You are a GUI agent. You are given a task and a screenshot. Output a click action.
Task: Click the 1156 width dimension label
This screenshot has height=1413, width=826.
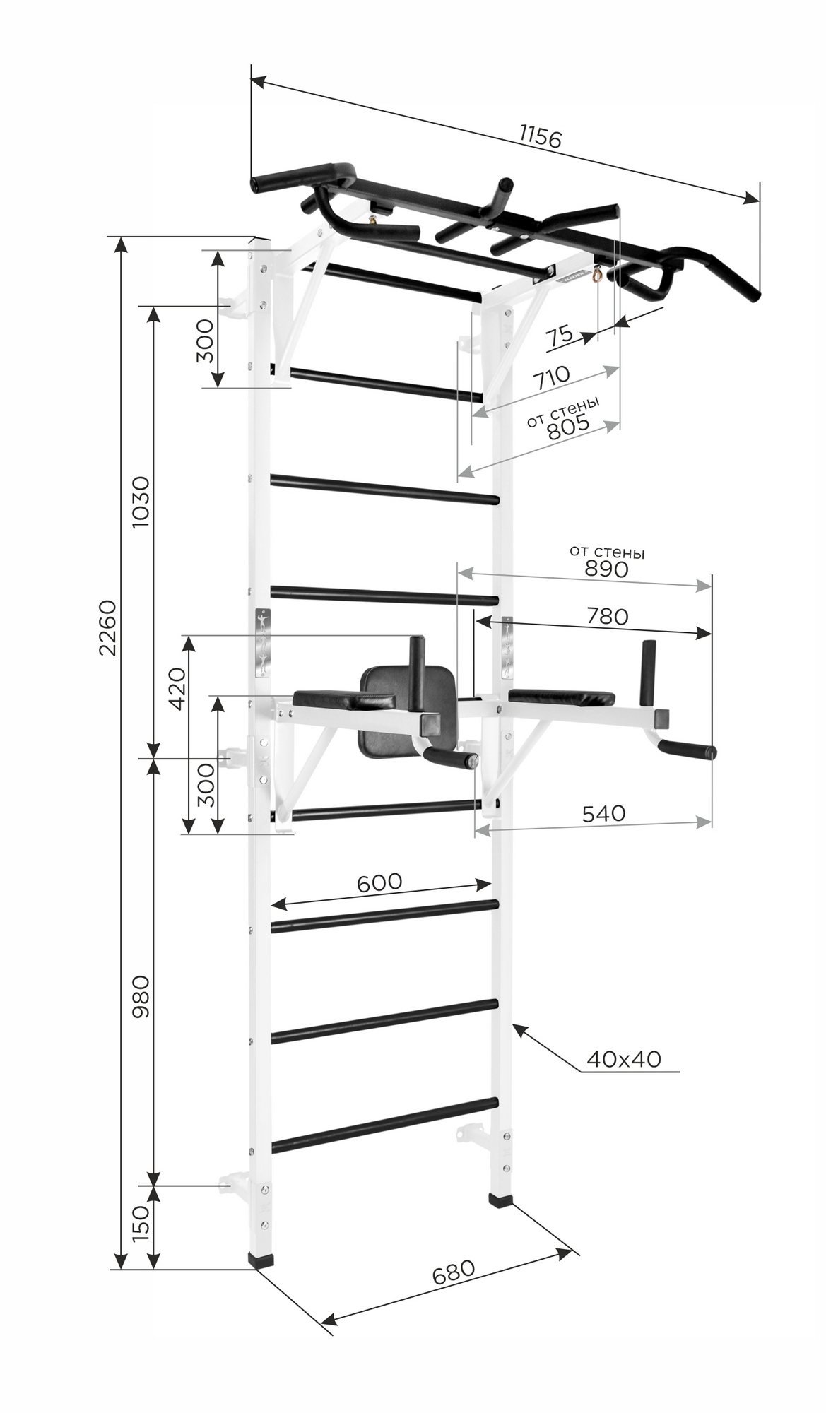[x=540, y=136]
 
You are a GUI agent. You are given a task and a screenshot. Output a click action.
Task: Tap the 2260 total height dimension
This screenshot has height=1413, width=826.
[x=107, y=628]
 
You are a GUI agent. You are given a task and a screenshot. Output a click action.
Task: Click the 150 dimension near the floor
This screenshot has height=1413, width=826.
[x=141, y=1224]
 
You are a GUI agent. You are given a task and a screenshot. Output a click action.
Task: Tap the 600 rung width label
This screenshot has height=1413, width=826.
[x=379, y=882]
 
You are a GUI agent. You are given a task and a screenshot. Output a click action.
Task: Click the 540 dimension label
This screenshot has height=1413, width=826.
[x=604, y=813]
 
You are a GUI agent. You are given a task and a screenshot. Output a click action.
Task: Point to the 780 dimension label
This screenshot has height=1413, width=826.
[x=608, y=617]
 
